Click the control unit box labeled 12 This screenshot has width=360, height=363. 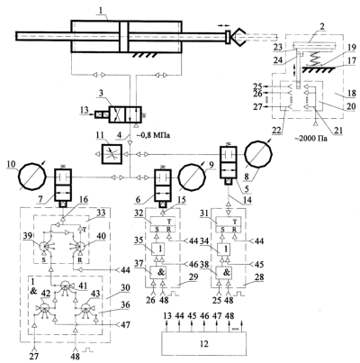(x=204, y=343)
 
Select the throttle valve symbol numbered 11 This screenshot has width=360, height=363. (x=112, y=154)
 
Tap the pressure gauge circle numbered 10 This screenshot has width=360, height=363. (x=32, y=176)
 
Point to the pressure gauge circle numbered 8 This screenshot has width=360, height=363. (x=258, y=154)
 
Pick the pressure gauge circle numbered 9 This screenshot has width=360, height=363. (x=192, y=177)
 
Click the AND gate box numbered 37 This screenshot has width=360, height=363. (x=159, y=273)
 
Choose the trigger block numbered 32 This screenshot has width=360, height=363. (x=163, y=224)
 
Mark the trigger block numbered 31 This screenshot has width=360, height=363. (x=229, y=224)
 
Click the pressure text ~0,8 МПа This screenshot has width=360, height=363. (x=153, y=136)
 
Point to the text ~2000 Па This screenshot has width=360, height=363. (x=312, y=139)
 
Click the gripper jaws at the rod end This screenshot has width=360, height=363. (x=239, y=37)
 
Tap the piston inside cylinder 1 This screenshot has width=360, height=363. (x=123, y=37)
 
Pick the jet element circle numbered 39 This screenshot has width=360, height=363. (x=45, y=246)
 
